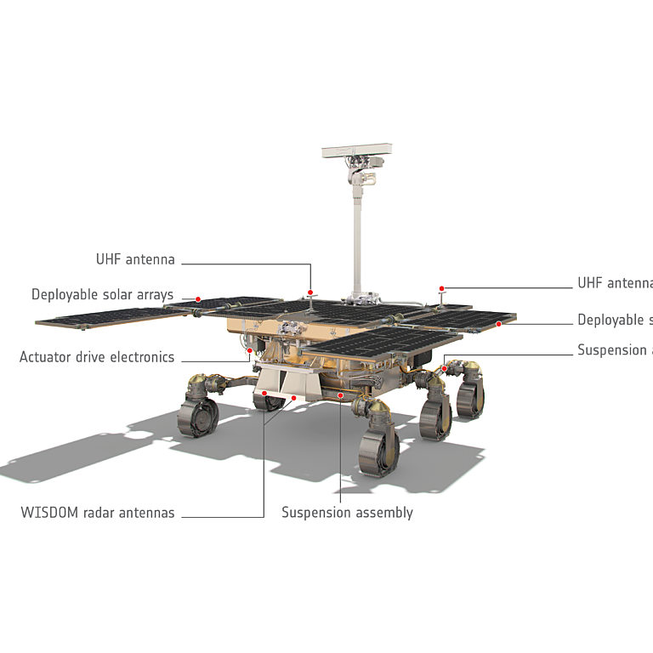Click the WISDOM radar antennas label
coord(98,513)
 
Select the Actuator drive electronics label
coord(97,357)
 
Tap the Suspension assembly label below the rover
coord(347,513)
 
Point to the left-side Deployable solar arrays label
coord(102,295)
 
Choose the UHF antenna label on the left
coord(135,259)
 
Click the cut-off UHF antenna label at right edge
coord(615,283)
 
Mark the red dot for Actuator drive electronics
coord(249,348)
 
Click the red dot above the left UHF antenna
coord(310,291)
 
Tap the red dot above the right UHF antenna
coord(442,289)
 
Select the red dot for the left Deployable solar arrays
coord(198,299)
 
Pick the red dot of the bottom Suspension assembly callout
coord(340,395)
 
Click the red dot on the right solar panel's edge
coord(499,324)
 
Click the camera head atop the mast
coord(356,153)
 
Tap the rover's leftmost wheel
coord(198,416)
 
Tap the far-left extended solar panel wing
coord(111,317)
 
